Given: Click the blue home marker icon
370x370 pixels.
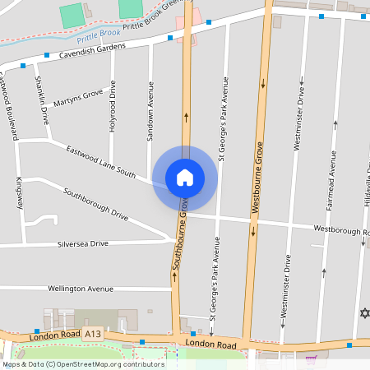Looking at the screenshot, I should [185, 177].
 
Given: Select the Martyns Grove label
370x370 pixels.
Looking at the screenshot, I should [79, 98].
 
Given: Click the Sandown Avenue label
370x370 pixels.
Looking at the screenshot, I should [150, 111].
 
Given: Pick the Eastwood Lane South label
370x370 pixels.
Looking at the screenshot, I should [101, 161].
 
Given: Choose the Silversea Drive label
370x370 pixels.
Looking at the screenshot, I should [82, 244].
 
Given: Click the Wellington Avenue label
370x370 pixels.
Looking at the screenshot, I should [80, 289].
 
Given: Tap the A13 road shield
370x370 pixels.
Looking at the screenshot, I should [92, 334].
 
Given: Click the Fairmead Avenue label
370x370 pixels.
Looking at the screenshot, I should [333, 189].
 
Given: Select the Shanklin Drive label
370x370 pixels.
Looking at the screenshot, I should [41, 99].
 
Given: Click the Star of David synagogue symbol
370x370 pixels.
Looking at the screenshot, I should [365, 313].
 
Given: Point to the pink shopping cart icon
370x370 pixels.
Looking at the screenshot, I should [311, 359].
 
